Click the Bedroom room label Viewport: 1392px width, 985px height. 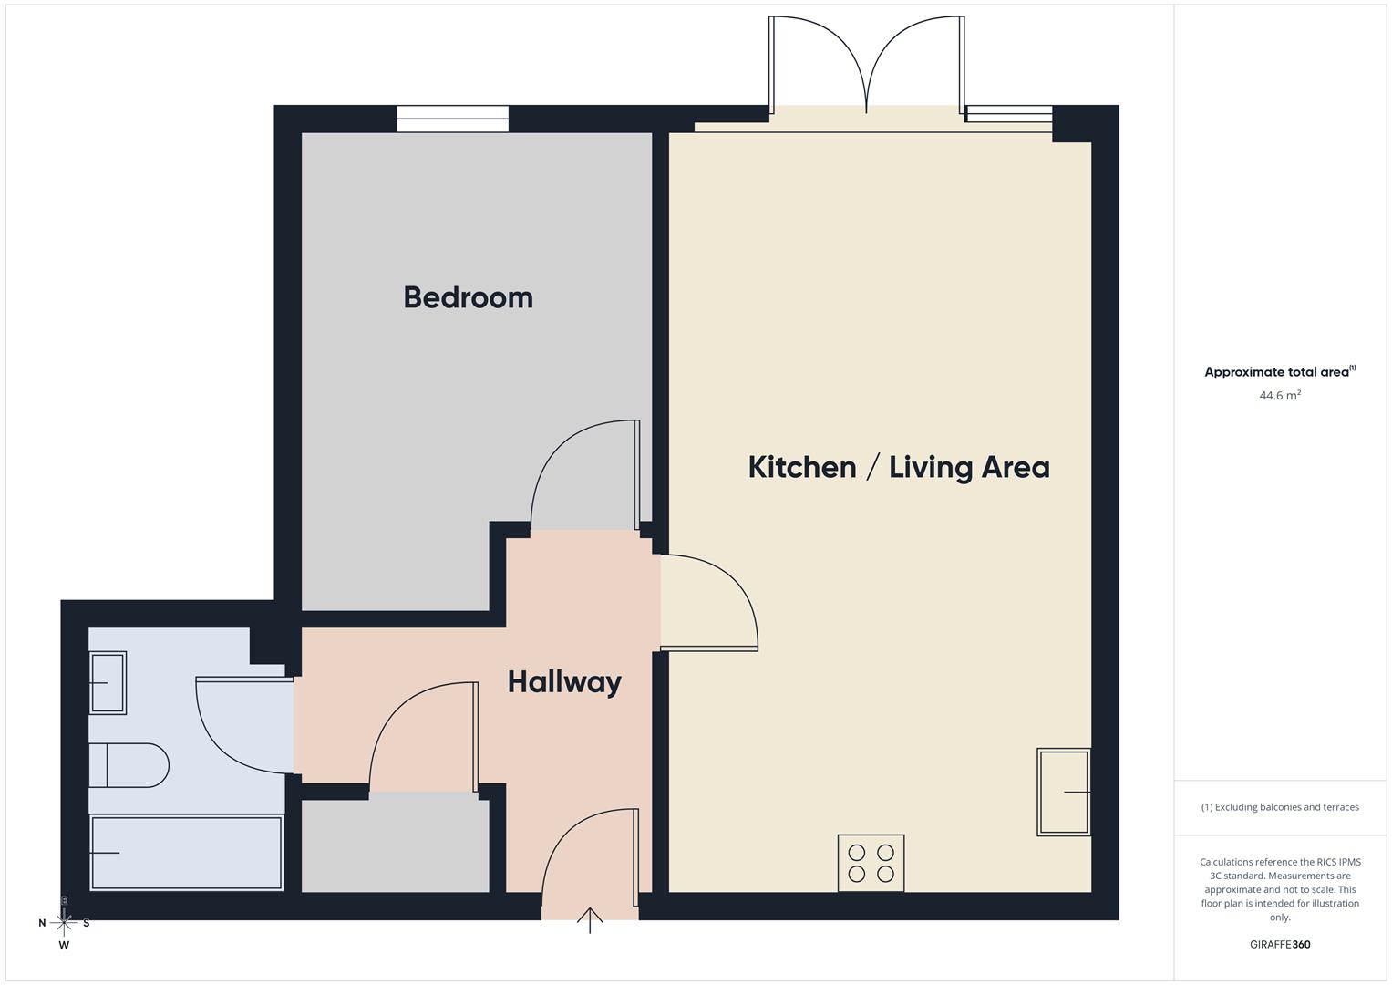click(468, 297)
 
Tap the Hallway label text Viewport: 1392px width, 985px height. click(564, 681)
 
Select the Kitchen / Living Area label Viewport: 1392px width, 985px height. click(898, 467)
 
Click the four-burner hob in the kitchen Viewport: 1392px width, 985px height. click(871, 863)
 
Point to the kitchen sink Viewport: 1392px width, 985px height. click(1063, 792)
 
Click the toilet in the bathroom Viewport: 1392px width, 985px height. click(129, 765)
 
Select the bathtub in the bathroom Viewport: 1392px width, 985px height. click(186, 853)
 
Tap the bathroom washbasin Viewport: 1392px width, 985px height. click(108, 682)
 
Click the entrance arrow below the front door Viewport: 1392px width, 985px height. click(590, 920)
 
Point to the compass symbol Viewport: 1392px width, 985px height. click(64, 923)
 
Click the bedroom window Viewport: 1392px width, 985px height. click(452, 119)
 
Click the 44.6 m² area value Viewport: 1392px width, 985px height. click(1279, 396)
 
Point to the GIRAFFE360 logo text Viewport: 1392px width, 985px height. click(1279, 944)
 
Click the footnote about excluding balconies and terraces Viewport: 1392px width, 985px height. click(1279, 807)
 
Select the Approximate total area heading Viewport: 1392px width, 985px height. click(1279, 372)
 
